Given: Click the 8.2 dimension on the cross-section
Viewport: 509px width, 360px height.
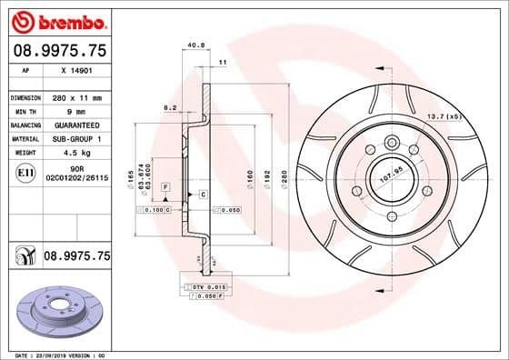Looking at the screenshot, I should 169,107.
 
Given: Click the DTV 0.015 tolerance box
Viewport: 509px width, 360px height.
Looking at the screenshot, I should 202,286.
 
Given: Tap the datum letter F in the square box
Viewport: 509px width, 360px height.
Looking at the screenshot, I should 165,185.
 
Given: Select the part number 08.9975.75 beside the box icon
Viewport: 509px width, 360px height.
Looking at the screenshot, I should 76,257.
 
